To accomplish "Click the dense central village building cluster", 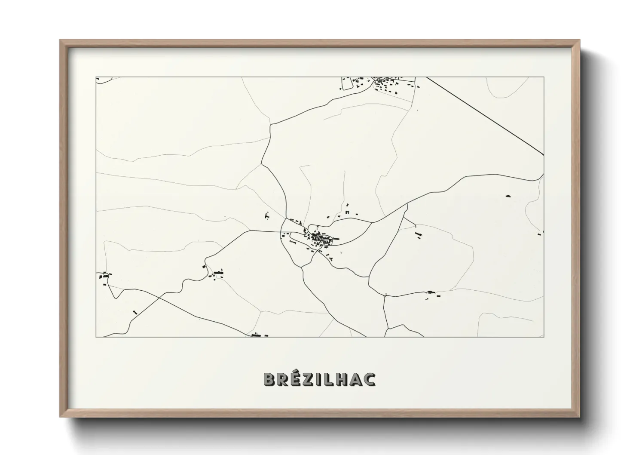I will point(320,238).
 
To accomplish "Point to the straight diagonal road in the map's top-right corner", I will point(486,116).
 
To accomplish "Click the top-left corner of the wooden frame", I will point(60,41).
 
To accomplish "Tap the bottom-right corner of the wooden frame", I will point(579,417).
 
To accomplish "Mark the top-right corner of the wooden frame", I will point(579,41).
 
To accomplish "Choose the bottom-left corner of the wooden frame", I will point(60,417).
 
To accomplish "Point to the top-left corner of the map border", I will point(96,77).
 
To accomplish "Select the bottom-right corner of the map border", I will point(544,337).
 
